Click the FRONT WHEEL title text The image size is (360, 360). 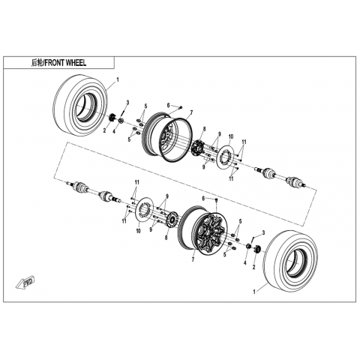coord(65,63)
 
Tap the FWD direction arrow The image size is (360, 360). coord(25,283)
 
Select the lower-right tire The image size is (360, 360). coord(290,261)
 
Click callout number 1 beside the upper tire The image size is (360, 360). coord(118,79)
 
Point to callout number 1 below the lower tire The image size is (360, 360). coord(255,292)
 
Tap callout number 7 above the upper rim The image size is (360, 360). coord(191,112)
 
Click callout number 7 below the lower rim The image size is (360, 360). coord(193,259)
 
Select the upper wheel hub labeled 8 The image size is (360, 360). coord(198,147)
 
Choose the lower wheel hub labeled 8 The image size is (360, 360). coord(172,220)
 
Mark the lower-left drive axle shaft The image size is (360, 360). coord(94,192)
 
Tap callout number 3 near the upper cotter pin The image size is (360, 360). coord(127,102)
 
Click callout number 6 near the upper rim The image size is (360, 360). coord(168,105)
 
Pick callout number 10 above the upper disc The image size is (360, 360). coord(230,136)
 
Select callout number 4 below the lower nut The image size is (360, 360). coord(245,262)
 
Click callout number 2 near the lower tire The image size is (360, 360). coord(254,267)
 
